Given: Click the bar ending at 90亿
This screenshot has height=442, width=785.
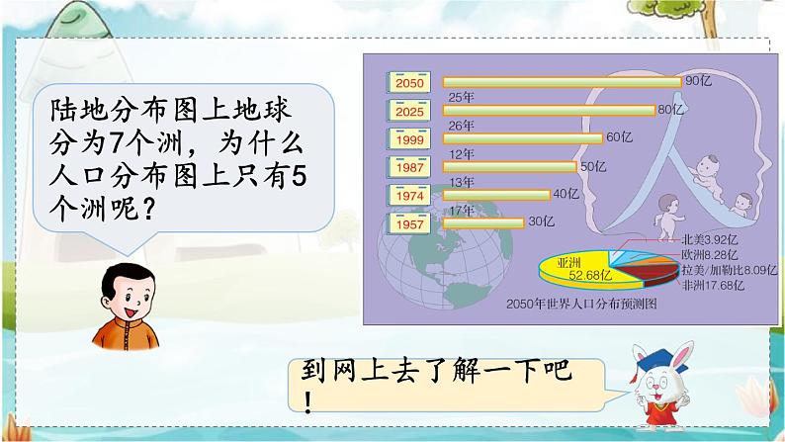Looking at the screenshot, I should [x=561, y=82].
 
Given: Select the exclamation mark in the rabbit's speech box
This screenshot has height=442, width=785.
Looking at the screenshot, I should [x=306, y=402].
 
